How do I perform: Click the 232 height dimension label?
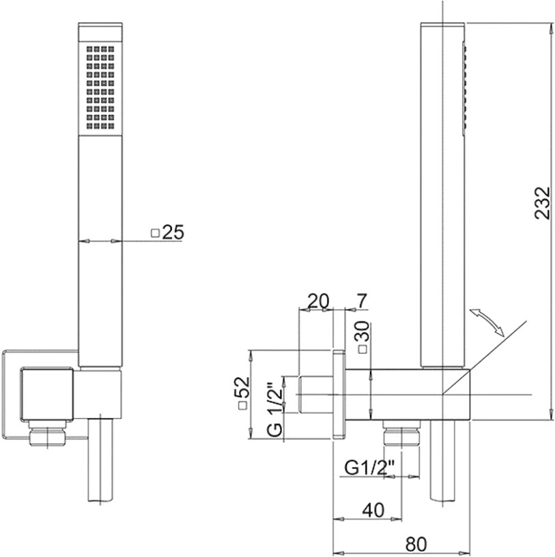pyautogui.click(x=542, y=203)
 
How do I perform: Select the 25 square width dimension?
pyautogui.click(x=167, y=232)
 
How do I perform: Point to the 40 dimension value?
pyautogui.click(x=373, y=510)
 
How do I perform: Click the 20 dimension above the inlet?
pyautogui.click(x=318, y=301)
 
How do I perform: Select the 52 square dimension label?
pyautogui.click(x=242, y=393)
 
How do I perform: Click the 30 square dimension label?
pyautogui.click(x=362, y=337)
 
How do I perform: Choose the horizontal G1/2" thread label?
pyautogui.click(x=370, y=468)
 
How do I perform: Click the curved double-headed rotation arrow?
pyautogui.click(x=486, y=322)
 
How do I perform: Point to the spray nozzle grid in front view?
pyautogui.click(x=100, y=88)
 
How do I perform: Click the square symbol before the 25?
pyautogui.click(x=155, y=233)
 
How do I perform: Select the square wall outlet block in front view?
pyautogui.click(x=47, y=394)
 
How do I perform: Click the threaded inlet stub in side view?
pyautogui.click(x=316, y=394)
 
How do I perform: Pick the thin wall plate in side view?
pyautogui.click(x=339, y=395)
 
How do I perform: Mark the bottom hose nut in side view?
pyautogui.click(x=401, y=433)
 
